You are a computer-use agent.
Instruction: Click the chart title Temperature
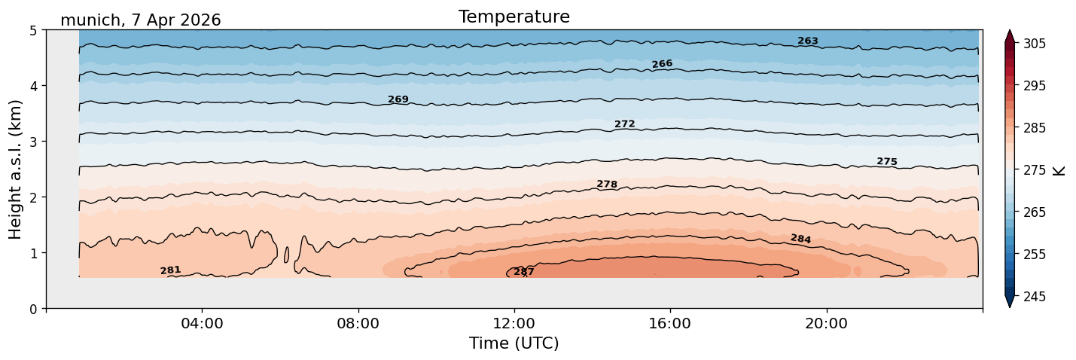point(514,17)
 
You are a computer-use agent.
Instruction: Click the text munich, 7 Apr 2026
point(141,20)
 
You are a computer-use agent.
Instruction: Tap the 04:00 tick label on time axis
point(203,323)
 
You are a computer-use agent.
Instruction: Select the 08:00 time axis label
point(358,323)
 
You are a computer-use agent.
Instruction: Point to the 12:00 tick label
point(514,323)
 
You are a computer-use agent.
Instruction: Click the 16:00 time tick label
point(670,323)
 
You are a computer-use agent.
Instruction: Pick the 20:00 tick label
point(826,323)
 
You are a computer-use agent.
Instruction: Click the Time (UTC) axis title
point(514,343)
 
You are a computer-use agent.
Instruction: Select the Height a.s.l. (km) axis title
point(15,169)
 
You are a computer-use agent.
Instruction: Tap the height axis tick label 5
point(33,31)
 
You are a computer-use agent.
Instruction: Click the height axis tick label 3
point(33,142)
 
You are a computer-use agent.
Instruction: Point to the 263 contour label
point(808,41)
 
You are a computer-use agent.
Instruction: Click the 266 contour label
point(662,64)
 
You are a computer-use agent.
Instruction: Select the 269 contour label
point(398,99)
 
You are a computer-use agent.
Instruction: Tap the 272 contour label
point(625,124)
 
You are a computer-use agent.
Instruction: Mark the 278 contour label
point(607,184)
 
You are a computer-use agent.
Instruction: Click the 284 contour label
point(800,239)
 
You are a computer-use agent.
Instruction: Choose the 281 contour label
point(170,270)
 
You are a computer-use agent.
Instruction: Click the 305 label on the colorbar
point(1035,44)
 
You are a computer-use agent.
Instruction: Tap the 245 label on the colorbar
point(1035,297)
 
